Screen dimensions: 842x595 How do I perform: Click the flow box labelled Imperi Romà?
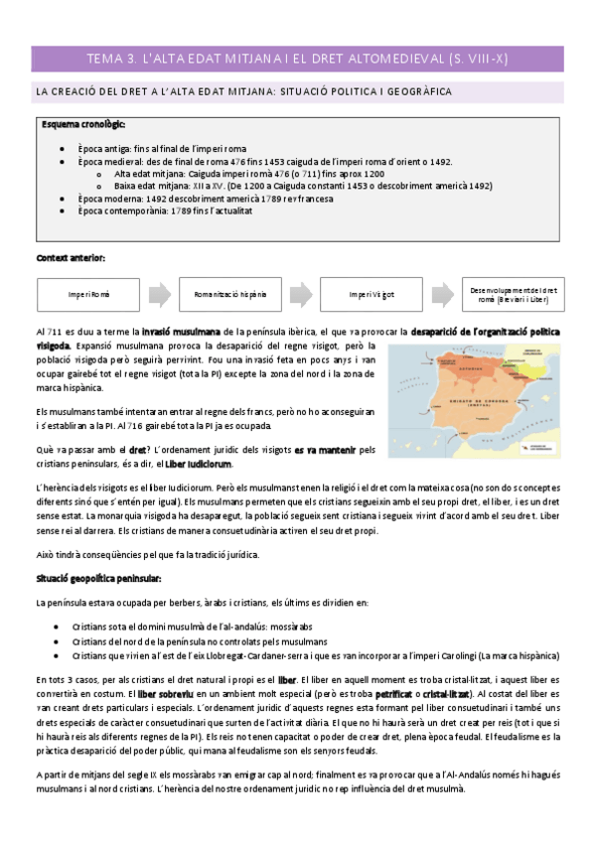(89, 295)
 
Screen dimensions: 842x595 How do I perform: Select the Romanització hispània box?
(230, 295)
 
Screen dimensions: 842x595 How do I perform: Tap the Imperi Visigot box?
(372, 295)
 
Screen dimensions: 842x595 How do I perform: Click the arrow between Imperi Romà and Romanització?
(160, 295)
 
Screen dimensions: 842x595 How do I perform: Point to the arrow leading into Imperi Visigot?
(301, 295)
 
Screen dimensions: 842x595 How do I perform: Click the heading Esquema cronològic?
(83, 125)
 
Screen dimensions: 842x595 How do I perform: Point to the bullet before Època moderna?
(63, 199)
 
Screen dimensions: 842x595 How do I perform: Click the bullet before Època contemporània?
(63, 211)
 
